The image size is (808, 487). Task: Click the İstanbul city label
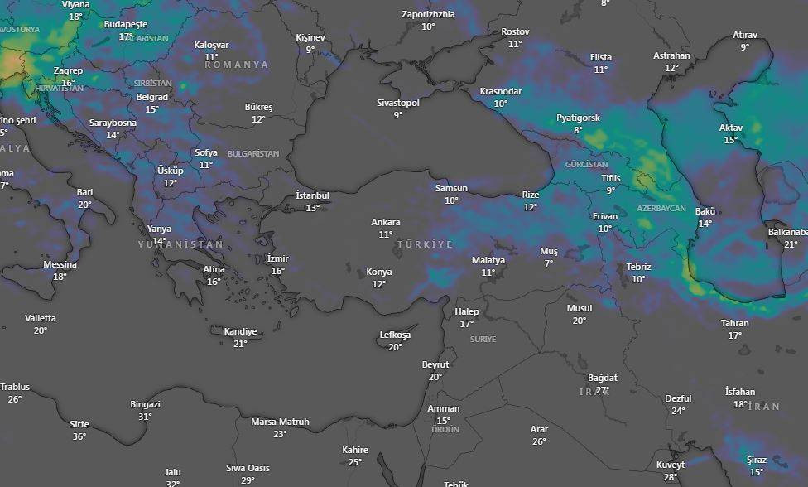pyautogui.click(x=312, y=195)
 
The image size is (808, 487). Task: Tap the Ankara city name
pyautogui.click(x=385, y=222)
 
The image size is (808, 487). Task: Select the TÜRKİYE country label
pyautogui.click(x=425, y=244)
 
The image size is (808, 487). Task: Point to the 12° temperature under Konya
pyautogui.click(x=379, y=284)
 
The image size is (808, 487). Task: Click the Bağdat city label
pyautogui.click(x=602, y=378)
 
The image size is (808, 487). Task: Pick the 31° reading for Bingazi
pyautogui.click(x=146, y=417)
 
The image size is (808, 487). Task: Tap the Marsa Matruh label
pyautogui.click(x=280, y=422)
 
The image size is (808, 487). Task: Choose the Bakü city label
pyautogui.click(x=705, y=211)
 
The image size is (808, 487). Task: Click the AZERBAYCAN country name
pyautogui.click(x=661, y=209)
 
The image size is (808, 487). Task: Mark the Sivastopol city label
pyautogui.click(x=398, y=103)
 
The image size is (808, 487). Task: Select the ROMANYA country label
pyautogui.click(x=237, y=65)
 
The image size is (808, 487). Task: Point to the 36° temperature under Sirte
pyautogui.click(x=79, y=436)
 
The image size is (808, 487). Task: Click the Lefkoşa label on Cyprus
pyautogui.click(x=395, y=335)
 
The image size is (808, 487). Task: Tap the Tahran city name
pyautogui.click(x=734, y=323)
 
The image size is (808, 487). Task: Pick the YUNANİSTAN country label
pyautogui.click(x=180, y=244)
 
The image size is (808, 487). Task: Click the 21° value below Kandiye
pyautogui.click(x=240, y=344)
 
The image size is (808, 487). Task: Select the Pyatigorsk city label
pyautogui.click(x=578, y=118)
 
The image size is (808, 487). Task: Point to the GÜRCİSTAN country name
pyautogui.click(x=586, y=165)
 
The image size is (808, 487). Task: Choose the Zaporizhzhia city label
pyautogui.click(x=428, y=14)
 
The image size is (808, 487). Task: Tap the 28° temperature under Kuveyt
pyautogui.click(x=670, y=477)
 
